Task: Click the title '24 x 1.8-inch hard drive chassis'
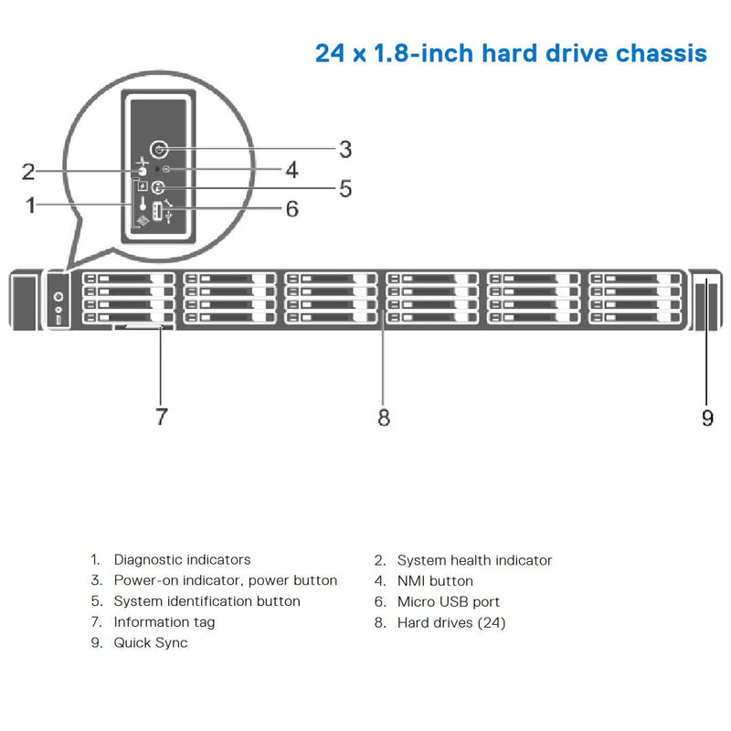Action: click(x=511, y=52)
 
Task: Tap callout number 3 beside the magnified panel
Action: click(x=344, y=148)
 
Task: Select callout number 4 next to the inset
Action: click(x=291, y=169)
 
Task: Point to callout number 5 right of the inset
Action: click(x=344, y=188)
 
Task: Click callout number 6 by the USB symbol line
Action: click(x=291, y=208)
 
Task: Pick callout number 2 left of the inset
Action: click(x=28, y=171)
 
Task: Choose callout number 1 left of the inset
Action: click(x=31, y=205)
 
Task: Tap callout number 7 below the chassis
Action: click(x=161, y=417)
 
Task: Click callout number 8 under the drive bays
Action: click(x=383, y=417)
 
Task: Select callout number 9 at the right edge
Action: click(x=707, y=417)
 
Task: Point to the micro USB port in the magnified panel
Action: click(x=156, y=211)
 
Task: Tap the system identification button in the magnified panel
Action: click(x=157, y=189)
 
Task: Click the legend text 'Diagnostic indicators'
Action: click(x=182, y=559)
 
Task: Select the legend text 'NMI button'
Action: click(x=435, y=580)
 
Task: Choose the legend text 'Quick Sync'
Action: click(x=151, y=642)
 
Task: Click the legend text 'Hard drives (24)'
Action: click(x=451, y=622)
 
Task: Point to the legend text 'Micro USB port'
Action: click(x=449, y=601)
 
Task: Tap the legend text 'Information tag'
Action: click(x=164, y=622)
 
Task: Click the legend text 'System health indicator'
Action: click(x=474, y=559)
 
